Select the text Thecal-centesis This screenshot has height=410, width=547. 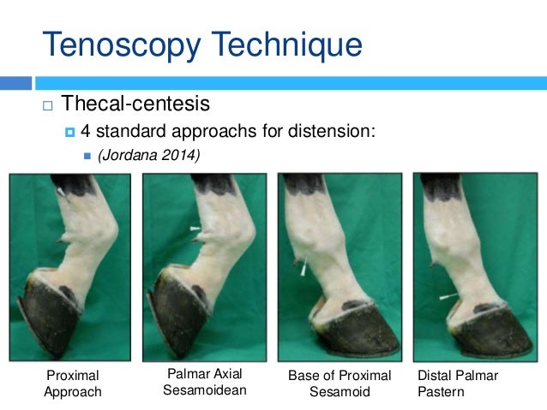click(135, 106)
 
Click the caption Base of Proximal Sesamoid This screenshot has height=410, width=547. click(340, 383)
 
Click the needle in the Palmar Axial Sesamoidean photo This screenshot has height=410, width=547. click(195, 229)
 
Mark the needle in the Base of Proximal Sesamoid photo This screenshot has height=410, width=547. click(303, 268)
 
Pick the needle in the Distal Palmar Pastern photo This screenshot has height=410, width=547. click(445, 297)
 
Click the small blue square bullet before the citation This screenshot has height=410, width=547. click(86, 156)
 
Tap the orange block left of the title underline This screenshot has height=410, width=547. click(15, 83)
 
